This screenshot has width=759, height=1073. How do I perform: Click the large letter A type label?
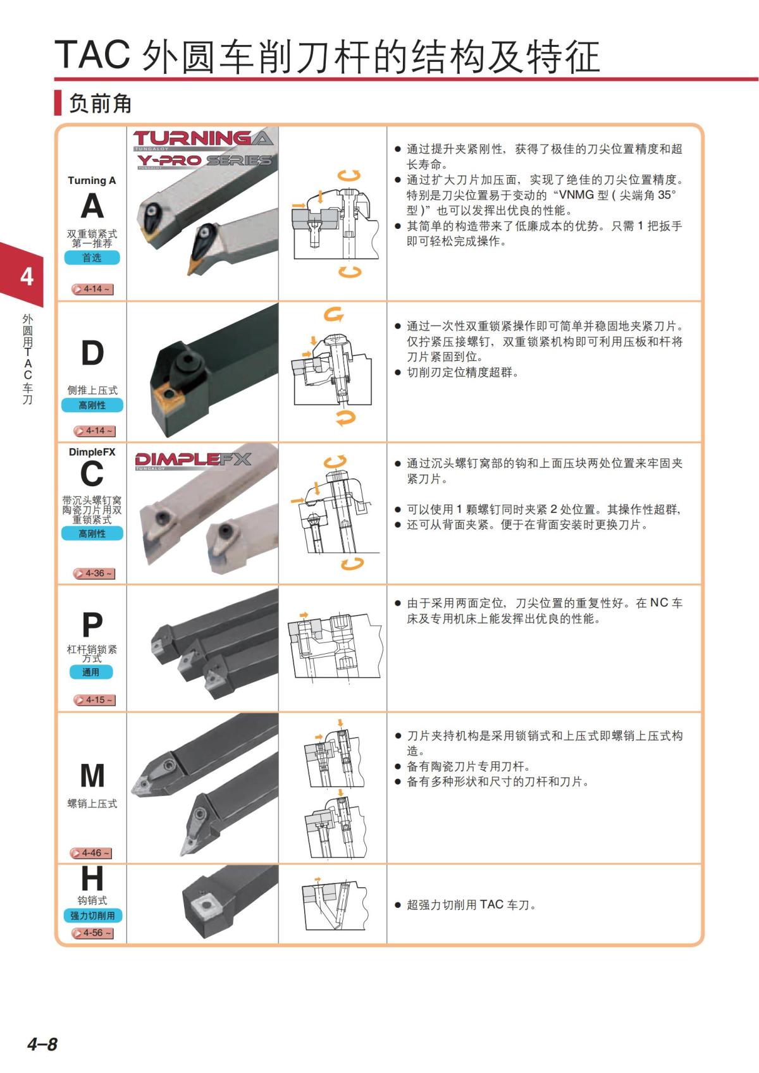tap(92, 206)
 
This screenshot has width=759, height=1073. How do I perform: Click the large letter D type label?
tap(92, 353)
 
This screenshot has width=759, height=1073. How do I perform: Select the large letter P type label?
tap(92, 624)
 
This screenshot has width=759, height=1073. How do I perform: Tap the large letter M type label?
tap(92, 775)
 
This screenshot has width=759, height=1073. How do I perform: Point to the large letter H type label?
tap(92, 878)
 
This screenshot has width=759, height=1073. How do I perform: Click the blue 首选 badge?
tap(92, 258)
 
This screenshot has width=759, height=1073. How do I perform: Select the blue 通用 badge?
tap(91, 672)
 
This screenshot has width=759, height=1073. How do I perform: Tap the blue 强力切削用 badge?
tap(92, 916)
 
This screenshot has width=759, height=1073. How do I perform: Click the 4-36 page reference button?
tap(94, 573)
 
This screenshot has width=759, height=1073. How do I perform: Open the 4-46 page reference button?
tap(90, 853)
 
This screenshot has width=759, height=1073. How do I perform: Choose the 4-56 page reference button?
tap(92, 933)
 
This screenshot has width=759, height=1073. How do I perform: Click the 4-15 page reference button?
tap(94, 700)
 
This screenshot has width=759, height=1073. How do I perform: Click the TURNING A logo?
tap(203, 138)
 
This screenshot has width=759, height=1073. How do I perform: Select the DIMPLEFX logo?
tap(193, 460)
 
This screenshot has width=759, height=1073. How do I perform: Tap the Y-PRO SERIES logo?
tap(204, 160)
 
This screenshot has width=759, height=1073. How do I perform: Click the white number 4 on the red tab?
tap(27, 276)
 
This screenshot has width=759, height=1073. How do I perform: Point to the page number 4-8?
tap(42, 1044)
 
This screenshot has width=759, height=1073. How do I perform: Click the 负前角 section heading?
tap(100, 103)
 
